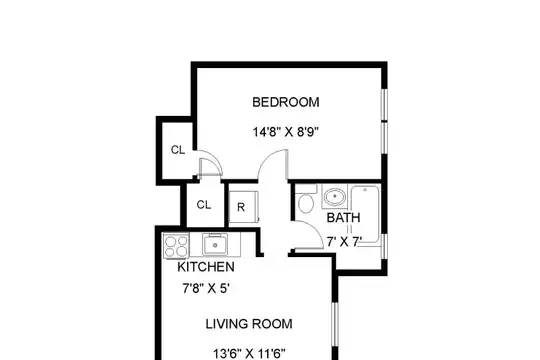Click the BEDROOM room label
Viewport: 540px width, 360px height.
pyautogui.click(x=286, y=102)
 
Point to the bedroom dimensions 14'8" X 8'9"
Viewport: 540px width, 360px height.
pyautogui.click(x=286, y=132)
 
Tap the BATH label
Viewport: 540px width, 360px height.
pyautogui.click(x=343, y=218)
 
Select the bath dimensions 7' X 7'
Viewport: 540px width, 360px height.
pyautogui.click(x=344, y=242)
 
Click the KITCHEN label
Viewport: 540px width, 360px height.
pyautogui.click(x=206, y=267)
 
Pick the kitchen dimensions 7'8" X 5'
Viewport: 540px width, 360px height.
pyautogui.click(x=206, y=288)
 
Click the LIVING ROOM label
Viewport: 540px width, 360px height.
pyautogui.click(x=249, y=324)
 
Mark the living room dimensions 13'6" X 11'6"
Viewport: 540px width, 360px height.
pyautogui.click(x=249, y=354)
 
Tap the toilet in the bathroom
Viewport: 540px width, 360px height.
pyautogui.click(x=306, y=199)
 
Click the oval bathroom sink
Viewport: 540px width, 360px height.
pyautogui.click(x=334, y=196)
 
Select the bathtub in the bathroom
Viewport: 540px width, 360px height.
pyautogui.click(x=366, y=215)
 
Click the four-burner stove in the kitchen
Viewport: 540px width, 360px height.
pyautogui.click(x=176, y=246)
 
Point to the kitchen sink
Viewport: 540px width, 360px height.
pyautogui.click(x=215, y=244)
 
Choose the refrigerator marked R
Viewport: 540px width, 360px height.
pyautogui.click(x=243, y=206)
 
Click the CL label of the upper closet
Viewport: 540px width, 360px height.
pyautogui.click(x=178, y=150)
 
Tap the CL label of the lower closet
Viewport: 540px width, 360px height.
pyautogui.click(x=204, y=205)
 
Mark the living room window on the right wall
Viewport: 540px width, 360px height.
pyautogui.click(x=335, y=324)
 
